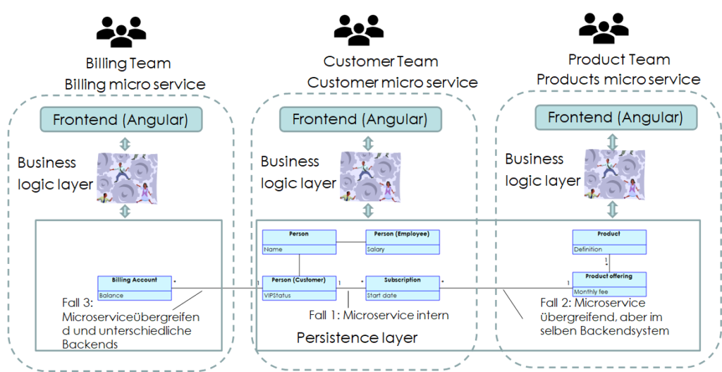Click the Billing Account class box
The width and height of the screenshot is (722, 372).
pyautogui.click(x=135, y=288)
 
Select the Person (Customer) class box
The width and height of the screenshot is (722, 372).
pyautogui.click(x=299, y=288)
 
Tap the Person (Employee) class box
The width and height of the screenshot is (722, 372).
pyautogui.click(x=403, y=242)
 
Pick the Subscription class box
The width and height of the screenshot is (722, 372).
pyautogui.click(x=403, y=288)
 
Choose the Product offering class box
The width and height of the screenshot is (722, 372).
pyautogui.click(x=609, y=284)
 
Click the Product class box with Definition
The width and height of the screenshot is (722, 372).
pyautogui.click(x=609, y=242)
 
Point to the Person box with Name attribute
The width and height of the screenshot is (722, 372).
pyautogui.click(x=299, y=242)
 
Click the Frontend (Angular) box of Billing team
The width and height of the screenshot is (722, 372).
pyautogui.click(x=121, y=119)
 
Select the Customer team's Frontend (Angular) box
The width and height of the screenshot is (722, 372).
pyautogui.click(x=360, y=119)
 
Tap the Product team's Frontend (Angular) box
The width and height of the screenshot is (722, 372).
pyautogui.click(x=616, y=118)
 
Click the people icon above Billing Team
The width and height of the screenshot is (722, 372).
pyautogui.click(x=121, y=32)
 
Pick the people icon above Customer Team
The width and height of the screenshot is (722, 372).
pyautogui.click(x=359, y=30)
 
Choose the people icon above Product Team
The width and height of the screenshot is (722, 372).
pyautogui.click(x=604, y=28)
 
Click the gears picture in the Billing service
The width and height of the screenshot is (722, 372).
pyautogui.click(x=128, y=179)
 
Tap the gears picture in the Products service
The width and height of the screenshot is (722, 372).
pyautogui.click(x=615, y=175)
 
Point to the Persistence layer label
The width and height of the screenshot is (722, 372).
pyautogui.click(x=357, y=337)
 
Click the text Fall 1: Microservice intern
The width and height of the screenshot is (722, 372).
pyautogui.click(x=379, y=316)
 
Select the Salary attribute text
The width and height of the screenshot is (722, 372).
pyautogui.click(x=376, y=249)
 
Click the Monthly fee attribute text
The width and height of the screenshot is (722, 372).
pyautogui.click(x=591, y=292)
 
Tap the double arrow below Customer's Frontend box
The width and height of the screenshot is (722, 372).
pyautogui.click(x=368, y=143)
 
